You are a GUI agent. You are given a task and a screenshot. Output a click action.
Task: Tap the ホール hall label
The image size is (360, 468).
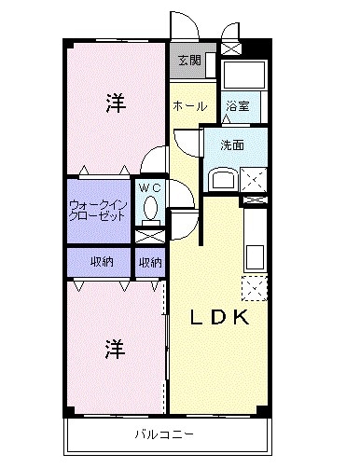point(189,106)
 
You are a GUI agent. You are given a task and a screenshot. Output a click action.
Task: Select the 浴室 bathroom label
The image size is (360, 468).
point(236,107)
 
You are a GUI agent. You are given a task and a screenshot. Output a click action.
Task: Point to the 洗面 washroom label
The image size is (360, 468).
point(232,145)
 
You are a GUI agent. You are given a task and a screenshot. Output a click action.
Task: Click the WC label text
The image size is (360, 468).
point(150,187)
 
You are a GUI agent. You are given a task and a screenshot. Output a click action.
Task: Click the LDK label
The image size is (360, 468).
point(220,317)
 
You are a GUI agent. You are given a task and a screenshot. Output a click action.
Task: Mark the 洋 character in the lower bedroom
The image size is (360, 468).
point(114,350)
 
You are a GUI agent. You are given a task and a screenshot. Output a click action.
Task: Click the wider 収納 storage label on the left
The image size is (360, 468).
point(101,263)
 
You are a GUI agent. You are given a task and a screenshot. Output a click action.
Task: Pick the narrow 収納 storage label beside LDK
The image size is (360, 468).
point(150,263)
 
